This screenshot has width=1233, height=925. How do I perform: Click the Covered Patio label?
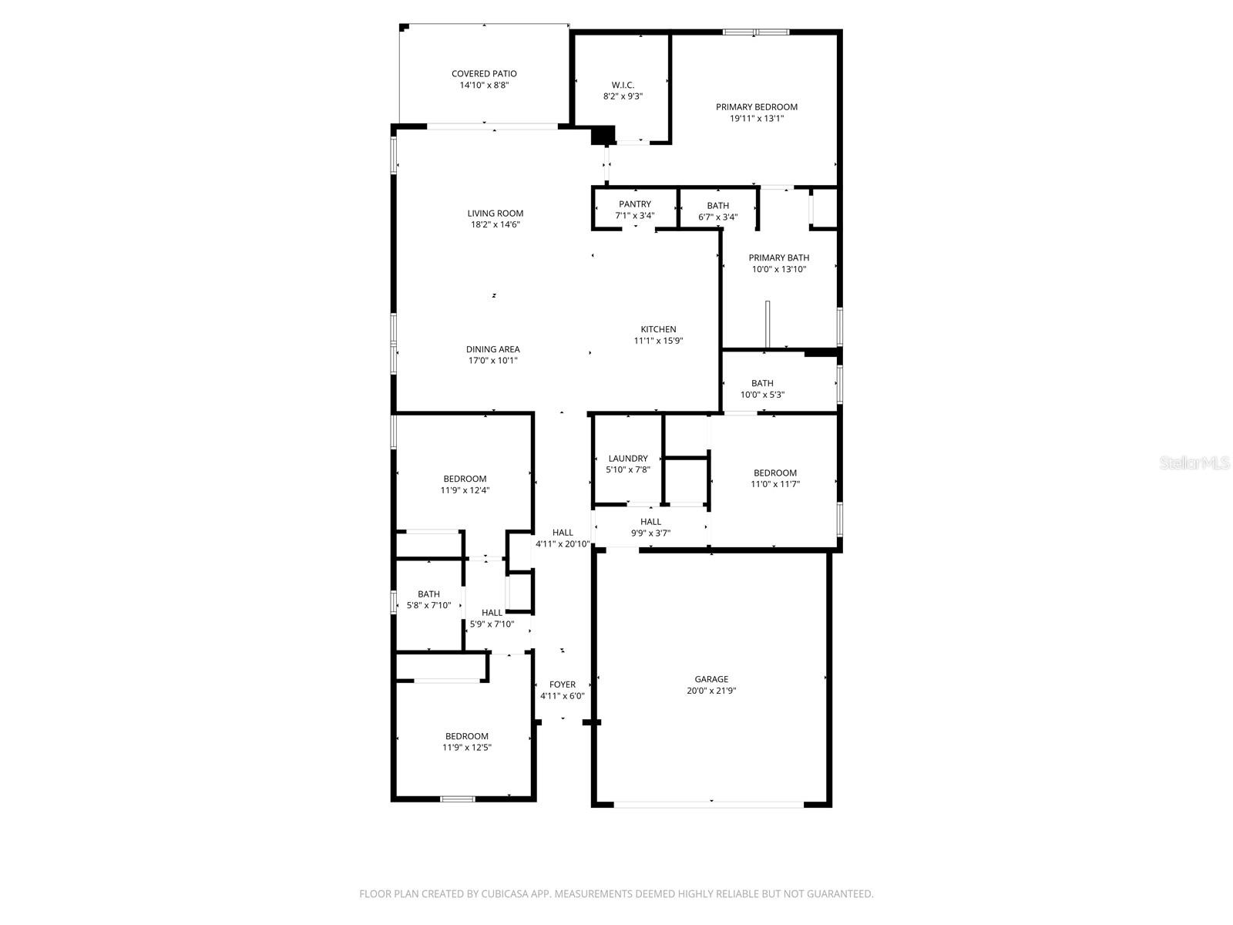[484, 74]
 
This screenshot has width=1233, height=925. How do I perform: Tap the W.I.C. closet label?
[623, 85]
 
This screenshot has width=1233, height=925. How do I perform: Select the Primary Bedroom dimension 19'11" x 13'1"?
[757, 119]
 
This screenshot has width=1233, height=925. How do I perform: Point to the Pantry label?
[634, 204]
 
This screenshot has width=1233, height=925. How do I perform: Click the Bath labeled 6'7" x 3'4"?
[717, 206]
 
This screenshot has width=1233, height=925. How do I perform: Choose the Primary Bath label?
[779, 257]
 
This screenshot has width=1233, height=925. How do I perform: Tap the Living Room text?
[495, 214]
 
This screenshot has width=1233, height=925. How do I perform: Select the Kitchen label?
[658, 329]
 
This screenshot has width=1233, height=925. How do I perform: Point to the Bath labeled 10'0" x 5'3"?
[762, 383]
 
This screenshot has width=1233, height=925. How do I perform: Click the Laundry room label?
[627, 458]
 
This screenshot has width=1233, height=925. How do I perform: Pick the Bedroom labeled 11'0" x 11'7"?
[774, 473]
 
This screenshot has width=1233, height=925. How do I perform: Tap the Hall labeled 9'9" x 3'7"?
[650, 522]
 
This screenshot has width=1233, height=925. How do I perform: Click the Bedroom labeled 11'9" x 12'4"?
[465, 479]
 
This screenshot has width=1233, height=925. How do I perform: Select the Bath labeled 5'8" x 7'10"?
[428, 594]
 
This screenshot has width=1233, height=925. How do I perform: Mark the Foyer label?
[562, 684]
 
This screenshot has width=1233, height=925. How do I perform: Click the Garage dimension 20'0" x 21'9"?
[711, 691]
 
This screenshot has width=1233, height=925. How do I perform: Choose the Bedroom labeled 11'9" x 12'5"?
[466, 736]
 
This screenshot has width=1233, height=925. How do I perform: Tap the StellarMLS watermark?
[1194, 462]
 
